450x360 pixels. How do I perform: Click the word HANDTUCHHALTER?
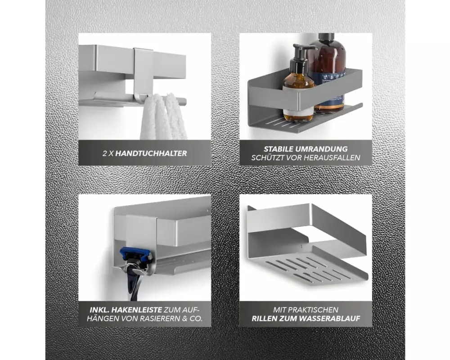[x=151, y=153]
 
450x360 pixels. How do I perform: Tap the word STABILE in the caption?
[x=278, y=149]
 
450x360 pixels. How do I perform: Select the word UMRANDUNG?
[x=321, y=149]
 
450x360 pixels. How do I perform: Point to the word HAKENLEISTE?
[x=137, y=310]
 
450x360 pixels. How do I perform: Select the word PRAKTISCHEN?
[x=313, y=310]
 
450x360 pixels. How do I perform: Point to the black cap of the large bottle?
[x=326, y=37]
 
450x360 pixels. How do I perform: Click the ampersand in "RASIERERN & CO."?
[x=184, y=318]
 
